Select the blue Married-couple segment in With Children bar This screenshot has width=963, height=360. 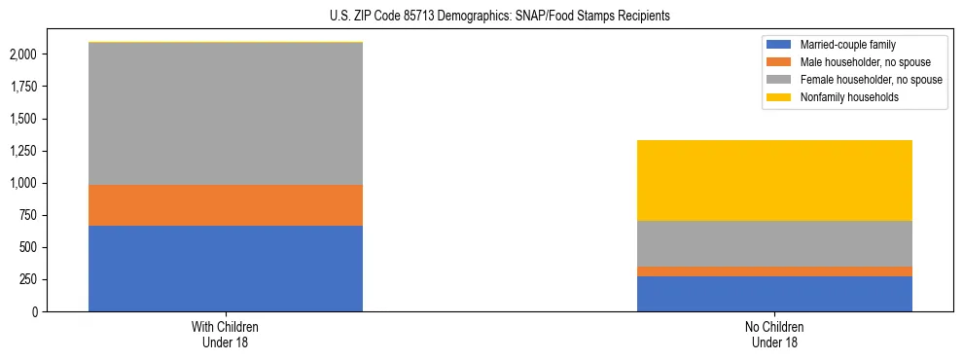226,269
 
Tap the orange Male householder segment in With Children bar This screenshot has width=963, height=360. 226,205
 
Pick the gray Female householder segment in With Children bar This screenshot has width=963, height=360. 226,114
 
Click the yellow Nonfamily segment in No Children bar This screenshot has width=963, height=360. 774,181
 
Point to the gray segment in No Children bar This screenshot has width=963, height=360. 774,243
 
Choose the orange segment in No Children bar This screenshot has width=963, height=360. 774,271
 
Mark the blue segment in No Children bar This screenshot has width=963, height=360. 774,294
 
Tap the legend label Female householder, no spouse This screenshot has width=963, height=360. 871,80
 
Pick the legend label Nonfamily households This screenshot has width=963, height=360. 843,97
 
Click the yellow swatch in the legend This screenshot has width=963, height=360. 779,97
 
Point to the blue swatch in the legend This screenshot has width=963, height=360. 779,45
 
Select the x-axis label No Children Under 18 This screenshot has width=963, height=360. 774,335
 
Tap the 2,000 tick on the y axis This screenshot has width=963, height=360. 23,54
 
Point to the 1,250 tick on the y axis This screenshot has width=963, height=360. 23,151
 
